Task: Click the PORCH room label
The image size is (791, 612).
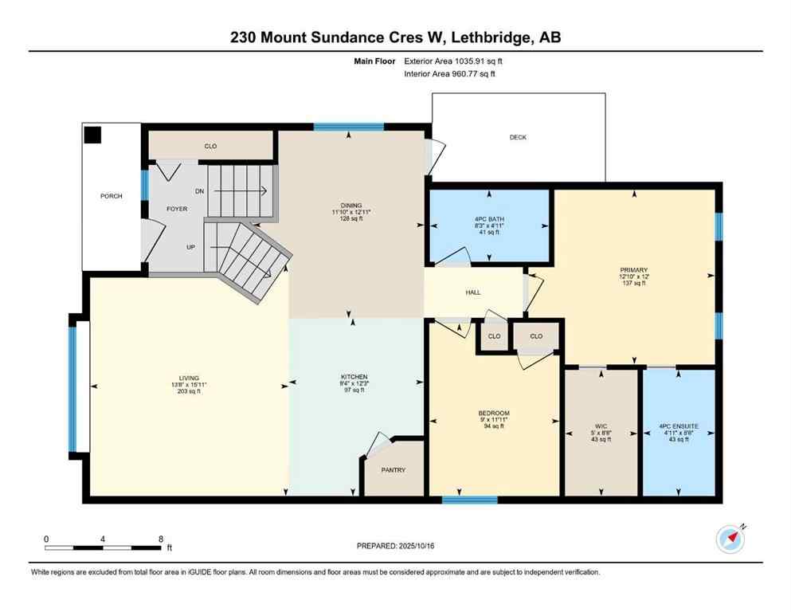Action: pyautogui.click(x=112, y=196)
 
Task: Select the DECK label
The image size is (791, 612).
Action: pyautogui.click(x=518, y=138)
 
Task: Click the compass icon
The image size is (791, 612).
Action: pyautogui.click(x=730, y=539)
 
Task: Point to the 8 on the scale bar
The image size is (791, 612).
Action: pyautogui.click(x=161, y=539)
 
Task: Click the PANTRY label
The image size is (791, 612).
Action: pyautogui.click(x=394, y=470)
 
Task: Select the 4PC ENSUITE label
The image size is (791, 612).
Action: pyautogui.click(x=679, y=426)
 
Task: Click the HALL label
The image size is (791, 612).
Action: pyautogui.click(x=473, y=292)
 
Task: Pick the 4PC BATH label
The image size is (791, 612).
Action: pyautogui.click(x=490, y=219)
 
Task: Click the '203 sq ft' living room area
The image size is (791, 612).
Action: pyautogui.click(x=189, y=391)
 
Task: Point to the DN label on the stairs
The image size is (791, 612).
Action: pyautogui.click(x=199, y=191)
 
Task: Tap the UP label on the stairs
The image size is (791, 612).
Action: pyautogui.click(x=190, y=247)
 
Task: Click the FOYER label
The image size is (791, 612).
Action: pyautogui.click(x=176, y=209)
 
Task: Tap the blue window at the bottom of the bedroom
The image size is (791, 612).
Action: pyautogui.click(x=469, y=500)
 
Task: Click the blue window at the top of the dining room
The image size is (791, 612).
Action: pyautogui.click(x=348, y=126)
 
